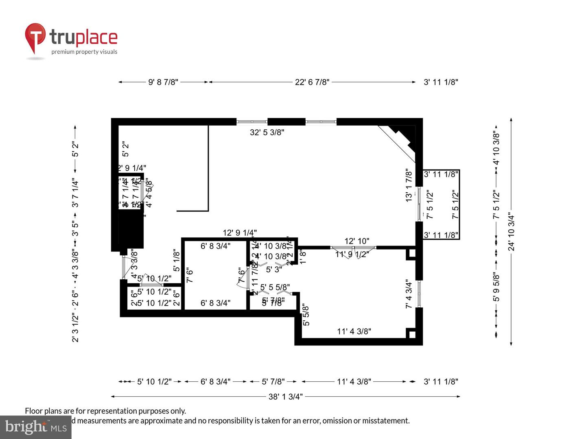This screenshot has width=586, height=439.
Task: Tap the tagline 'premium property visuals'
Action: pyautogui.click(x=84, y=52)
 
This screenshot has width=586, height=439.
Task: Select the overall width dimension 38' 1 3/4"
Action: pyautogui.click(x=285, y=396)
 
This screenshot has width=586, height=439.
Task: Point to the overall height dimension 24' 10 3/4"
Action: pyautogui.click(x=511, y=232)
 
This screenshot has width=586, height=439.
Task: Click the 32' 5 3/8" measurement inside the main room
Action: pyautogui.click(x=267, y=132)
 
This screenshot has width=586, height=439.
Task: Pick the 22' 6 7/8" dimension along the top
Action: pyautogui.click(x=312, y=82)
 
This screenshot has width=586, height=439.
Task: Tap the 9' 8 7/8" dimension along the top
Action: pyautogui.click(x=163, y=82)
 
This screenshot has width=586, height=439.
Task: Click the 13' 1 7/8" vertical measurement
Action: pyautogui.click(x=409, y=186)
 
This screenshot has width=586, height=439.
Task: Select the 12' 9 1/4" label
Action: pyautogui.click(x=240, y=233)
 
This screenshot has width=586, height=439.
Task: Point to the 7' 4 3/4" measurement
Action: pyautogui.click(x=409, y=293)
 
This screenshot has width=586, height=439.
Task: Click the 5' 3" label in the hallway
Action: pyautogui.click(x=274, y=269)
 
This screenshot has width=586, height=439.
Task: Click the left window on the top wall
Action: pyautogui.click(x=252, y=122)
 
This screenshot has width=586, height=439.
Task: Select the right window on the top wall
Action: pyautogui.click(x=321, y=122)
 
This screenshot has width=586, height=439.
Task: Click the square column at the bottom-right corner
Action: pyautogui.click(x=411, y=334)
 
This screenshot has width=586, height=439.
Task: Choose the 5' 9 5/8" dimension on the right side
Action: pyautogui.click(x=496, y=287)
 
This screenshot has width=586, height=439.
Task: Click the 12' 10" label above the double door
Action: pyautogui.click(x=356, y=241)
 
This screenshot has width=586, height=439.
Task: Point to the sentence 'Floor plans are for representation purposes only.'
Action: pyautogui.click(x=105, y=411)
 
